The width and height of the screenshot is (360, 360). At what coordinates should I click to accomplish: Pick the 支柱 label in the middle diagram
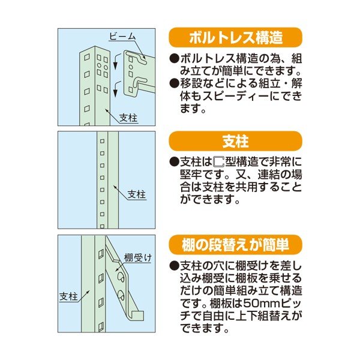[x=137, y=194]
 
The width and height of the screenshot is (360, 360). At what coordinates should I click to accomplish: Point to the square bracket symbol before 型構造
[x=218, y=162]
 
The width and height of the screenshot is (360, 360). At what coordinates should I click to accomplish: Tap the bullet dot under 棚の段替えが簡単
[x=174, y=265]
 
